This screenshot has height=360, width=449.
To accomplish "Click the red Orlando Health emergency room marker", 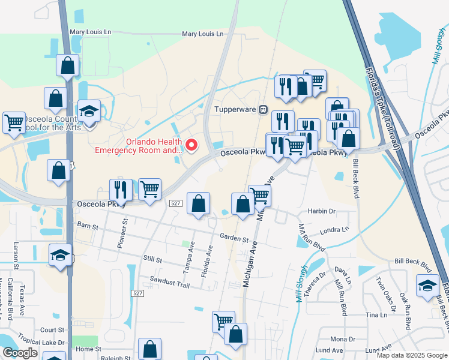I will click(192, 145).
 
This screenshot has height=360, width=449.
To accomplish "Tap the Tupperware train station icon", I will click(263, 109).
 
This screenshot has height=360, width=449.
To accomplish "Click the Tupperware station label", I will click(235, 109).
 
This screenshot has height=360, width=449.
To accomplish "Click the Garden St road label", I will click(234, 239).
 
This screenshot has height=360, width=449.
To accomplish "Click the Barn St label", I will click(88, 224).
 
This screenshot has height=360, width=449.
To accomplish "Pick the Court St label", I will click(52, 330).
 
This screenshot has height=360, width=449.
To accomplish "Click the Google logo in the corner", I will click(20, 353).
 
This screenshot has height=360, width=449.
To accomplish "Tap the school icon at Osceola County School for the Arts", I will click(89, 112).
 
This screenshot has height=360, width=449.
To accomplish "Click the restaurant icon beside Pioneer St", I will click(121, 190).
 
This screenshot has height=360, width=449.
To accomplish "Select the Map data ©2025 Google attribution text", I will click(411, 355).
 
